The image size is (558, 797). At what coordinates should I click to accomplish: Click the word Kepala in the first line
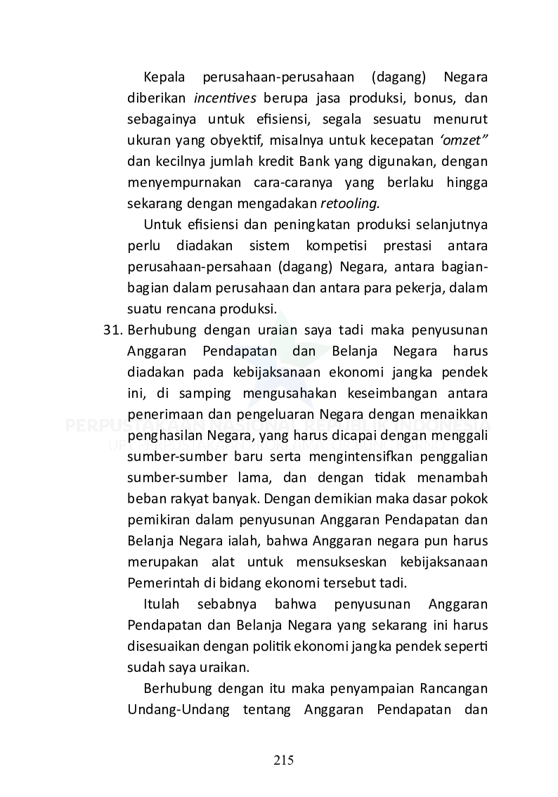[x=163, y=75]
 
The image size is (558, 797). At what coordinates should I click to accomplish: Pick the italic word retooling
[x=349, y=205]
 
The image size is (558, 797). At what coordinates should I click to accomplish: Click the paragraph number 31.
[x=114, y=330]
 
